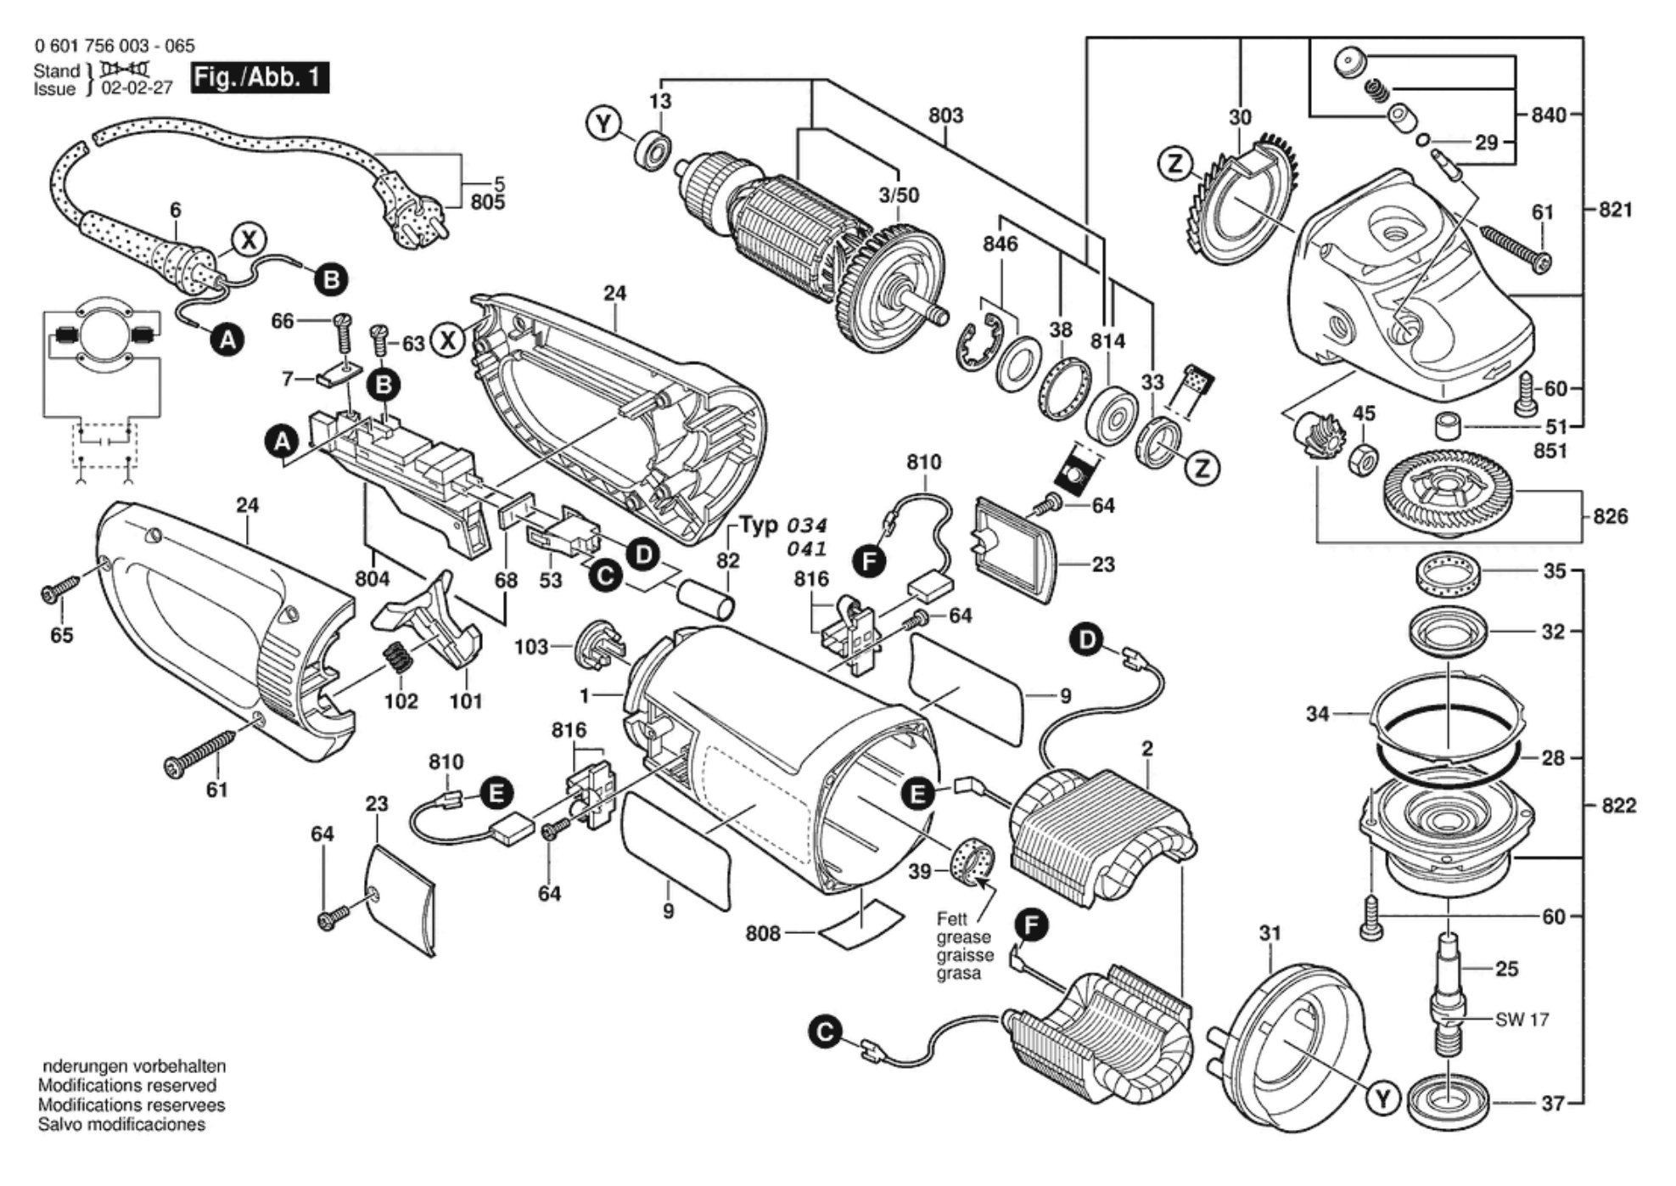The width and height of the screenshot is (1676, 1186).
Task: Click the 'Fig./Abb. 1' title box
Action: pyautogui.click(x=259, y=78)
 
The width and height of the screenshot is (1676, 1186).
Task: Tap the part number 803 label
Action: pyautogui.click(x=945, y=115)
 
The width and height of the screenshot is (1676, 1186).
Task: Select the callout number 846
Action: pyautogui.click(x=1000, y=245)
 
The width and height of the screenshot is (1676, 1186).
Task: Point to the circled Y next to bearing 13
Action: pyautogui.click(x=603, y=125)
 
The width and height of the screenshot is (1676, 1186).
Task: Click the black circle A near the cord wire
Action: pyautogui.click(x=227, y=340)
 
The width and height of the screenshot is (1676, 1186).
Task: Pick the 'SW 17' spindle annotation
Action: pyautogui.click(x=1522, y=1020)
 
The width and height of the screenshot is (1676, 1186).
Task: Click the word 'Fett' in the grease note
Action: pyautogui.click(x=951, y=919)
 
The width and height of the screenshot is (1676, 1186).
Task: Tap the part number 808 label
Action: pyautogui.click(x=762, y=933)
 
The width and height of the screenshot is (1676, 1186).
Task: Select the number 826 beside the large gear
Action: pyautogui.click(x=1610, y=516)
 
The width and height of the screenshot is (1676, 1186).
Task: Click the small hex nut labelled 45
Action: pyautogui.click(x=1362, y=458)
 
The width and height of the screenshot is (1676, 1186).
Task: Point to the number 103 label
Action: pyautogui.click(x=530, y=647)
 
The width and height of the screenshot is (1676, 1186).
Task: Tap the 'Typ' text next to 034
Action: pyautogui.click(x=759, y=525)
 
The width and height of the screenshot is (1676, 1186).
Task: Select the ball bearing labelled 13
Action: pyautogui.click(x=654, y=151)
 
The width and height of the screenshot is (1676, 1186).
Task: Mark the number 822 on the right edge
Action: pyautogui.click(x=1617, y=805)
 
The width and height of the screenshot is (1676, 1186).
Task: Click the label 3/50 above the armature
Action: pyautogui.click(x=899, y=195)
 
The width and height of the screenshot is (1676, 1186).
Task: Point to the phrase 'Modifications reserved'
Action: pyautogui.click(x=127, y=1086)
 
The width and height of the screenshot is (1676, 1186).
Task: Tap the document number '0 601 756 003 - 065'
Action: pyautogui.click(x=115, y=46)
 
